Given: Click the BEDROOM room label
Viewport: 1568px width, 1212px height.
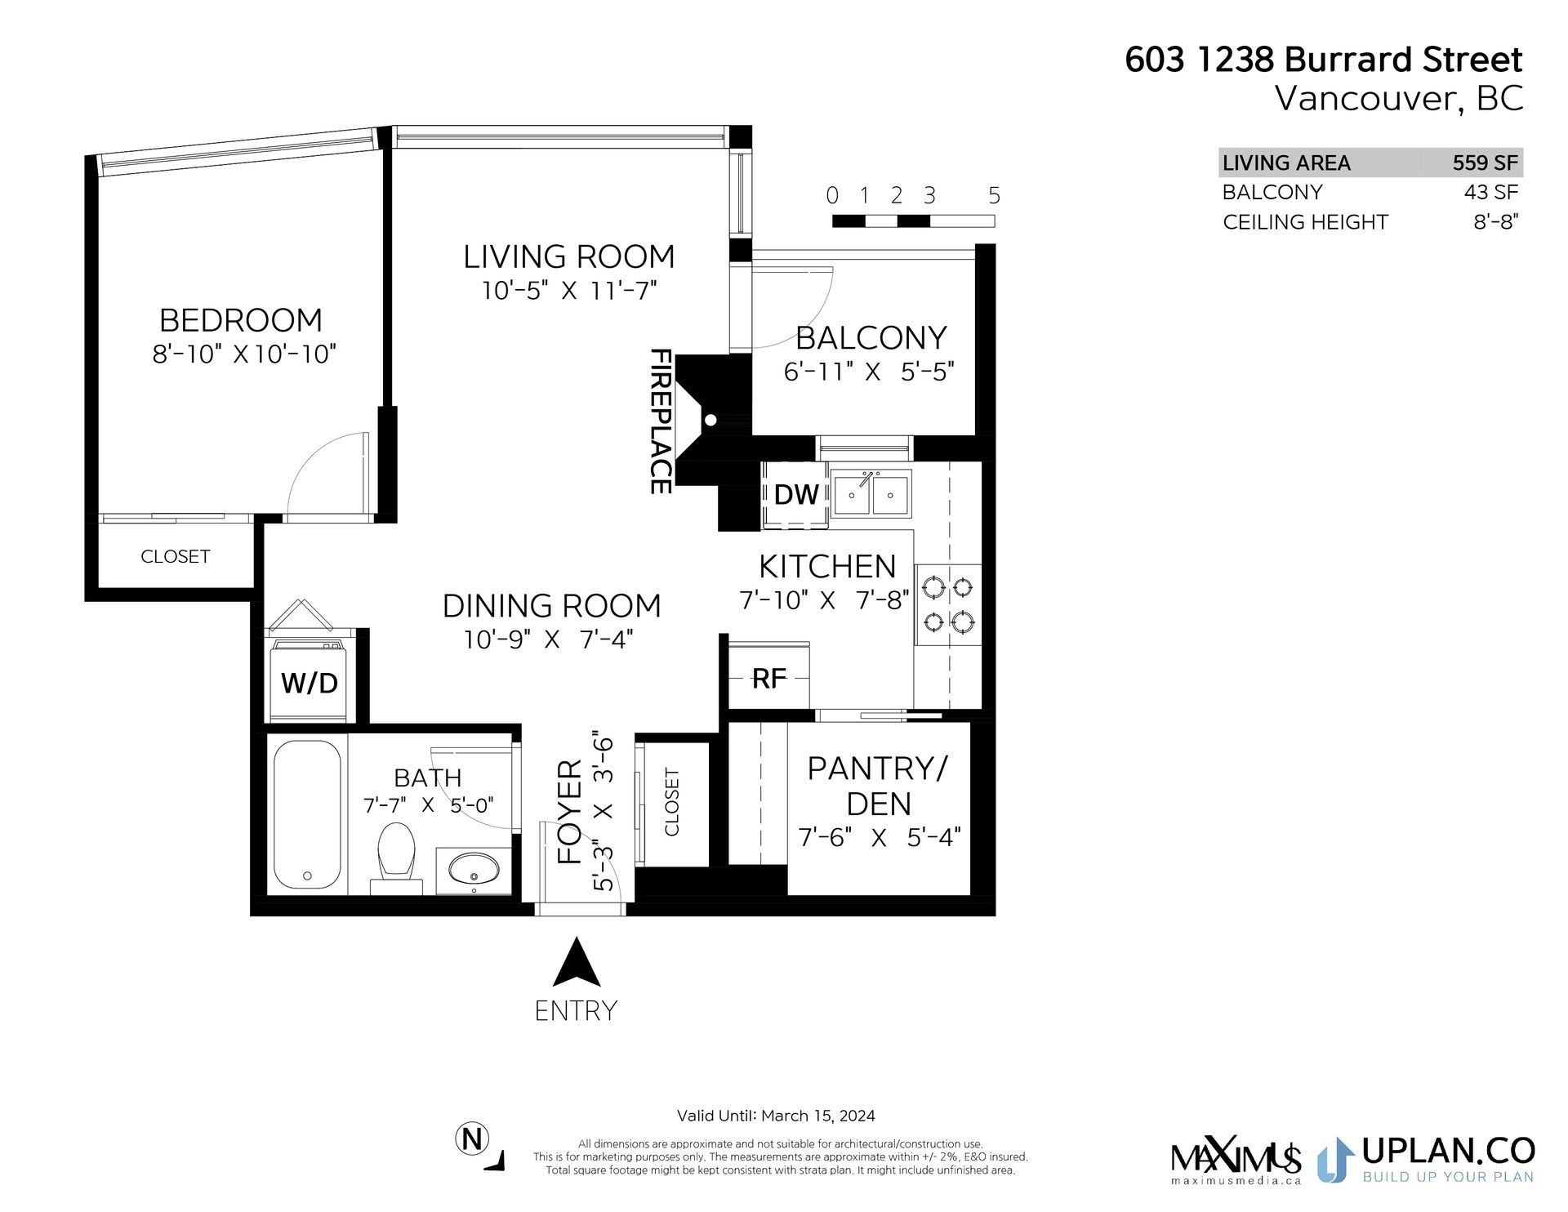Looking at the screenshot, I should (240, 319).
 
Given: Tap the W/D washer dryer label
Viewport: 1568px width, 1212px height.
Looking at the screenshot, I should (309, 683).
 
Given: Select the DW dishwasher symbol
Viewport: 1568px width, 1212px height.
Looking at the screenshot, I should (795, 494).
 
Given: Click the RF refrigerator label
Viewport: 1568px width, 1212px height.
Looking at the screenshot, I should (768, 678).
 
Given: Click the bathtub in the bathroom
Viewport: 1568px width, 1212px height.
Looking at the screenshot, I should (307, 817).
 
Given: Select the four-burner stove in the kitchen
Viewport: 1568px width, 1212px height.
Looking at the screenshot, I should (947, 605).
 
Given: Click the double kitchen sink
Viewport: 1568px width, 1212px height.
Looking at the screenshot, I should (871, 493).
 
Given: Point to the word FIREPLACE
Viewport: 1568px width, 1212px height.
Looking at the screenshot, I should (660, 421).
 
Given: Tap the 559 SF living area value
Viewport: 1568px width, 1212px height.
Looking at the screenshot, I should (1484, 163).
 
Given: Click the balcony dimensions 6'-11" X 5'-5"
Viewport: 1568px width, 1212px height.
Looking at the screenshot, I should (869, 372).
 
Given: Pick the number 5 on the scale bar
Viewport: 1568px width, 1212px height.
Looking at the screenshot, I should (994, 196).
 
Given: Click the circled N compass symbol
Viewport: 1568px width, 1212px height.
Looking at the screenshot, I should (471, 1138).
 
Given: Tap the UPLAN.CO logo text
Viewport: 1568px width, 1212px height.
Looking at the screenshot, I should (1447, 1150).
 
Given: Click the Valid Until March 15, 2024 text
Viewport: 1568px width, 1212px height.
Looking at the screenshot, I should (776, 1116).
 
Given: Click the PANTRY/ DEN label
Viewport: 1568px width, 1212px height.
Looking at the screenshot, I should (878, 786).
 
